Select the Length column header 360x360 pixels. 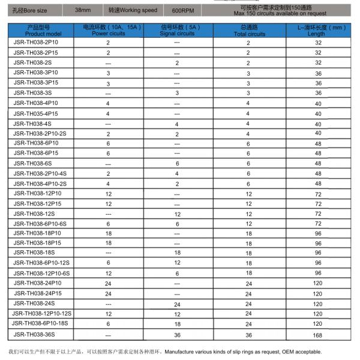318,31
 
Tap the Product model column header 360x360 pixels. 41,31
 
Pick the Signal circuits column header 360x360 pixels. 177,31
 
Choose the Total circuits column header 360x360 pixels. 248,31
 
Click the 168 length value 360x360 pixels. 318,334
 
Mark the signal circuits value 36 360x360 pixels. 177,334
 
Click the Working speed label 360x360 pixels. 133,11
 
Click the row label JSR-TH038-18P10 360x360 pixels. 37,233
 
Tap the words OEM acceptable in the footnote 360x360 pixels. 302,352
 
